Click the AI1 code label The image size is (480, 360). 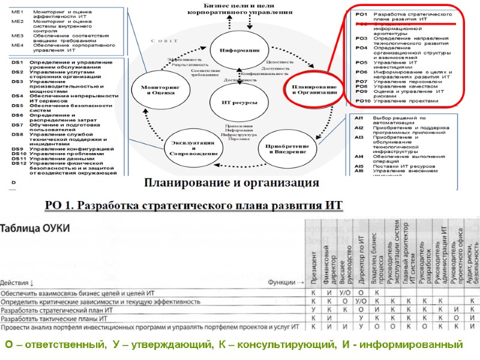pos(359,118)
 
